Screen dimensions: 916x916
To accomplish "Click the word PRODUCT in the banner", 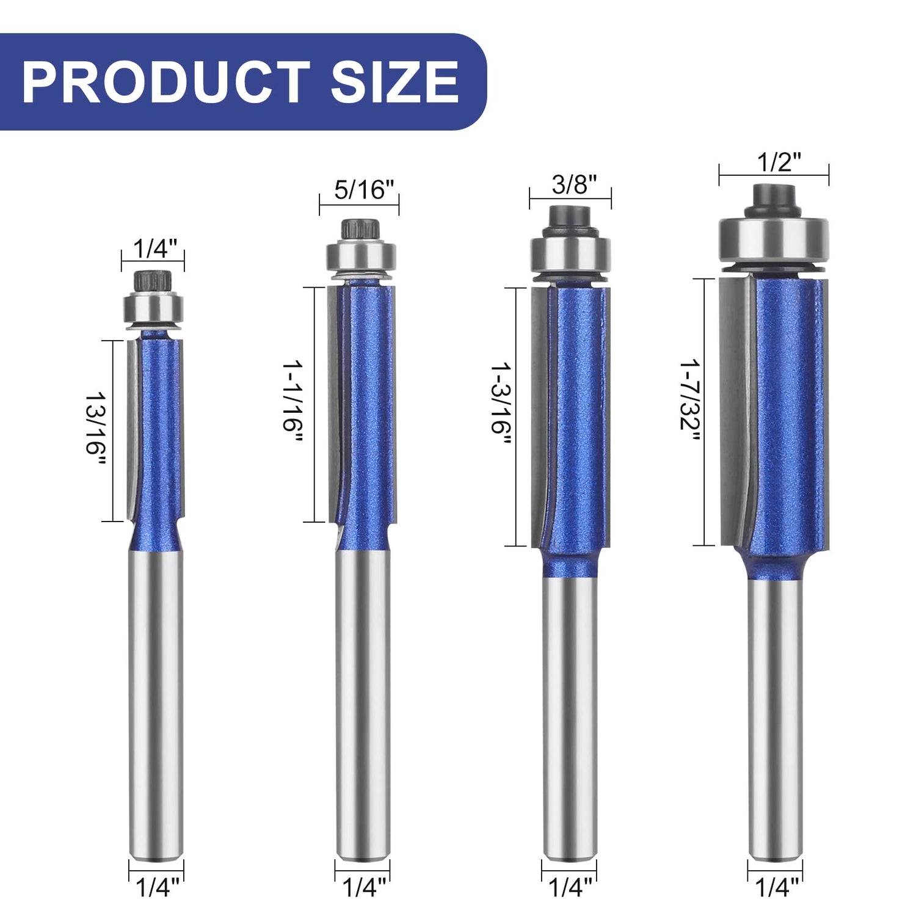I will coord(165,82).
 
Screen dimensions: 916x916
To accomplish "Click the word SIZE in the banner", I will coord(394,82).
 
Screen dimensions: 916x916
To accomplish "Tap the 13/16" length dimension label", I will coord(95,431).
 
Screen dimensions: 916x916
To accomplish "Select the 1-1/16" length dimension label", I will coord(292,404).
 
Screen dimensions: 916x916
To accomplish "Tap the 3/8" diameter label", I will coord(570,184).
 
